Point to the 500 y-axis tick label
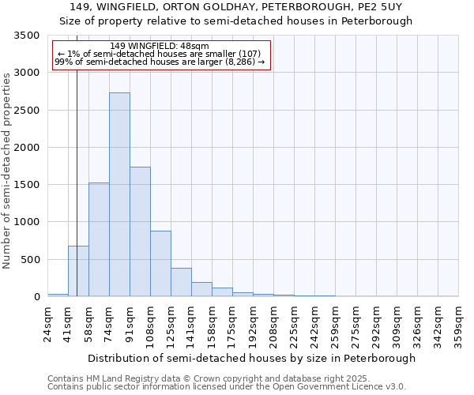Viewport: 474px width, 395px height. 33,259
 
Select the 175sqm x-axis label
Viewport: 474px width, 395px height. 232,324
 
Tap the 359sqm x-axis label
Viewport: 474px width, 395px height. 458,324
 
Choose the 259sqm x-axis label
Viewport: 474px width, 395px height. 335,324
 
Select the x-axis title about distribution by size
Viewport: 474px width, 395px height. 251,358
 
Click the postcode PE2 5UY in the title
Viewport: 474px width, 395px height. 381,7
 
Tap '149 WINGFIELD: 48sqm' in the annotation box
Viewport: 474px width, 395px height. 160,46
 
